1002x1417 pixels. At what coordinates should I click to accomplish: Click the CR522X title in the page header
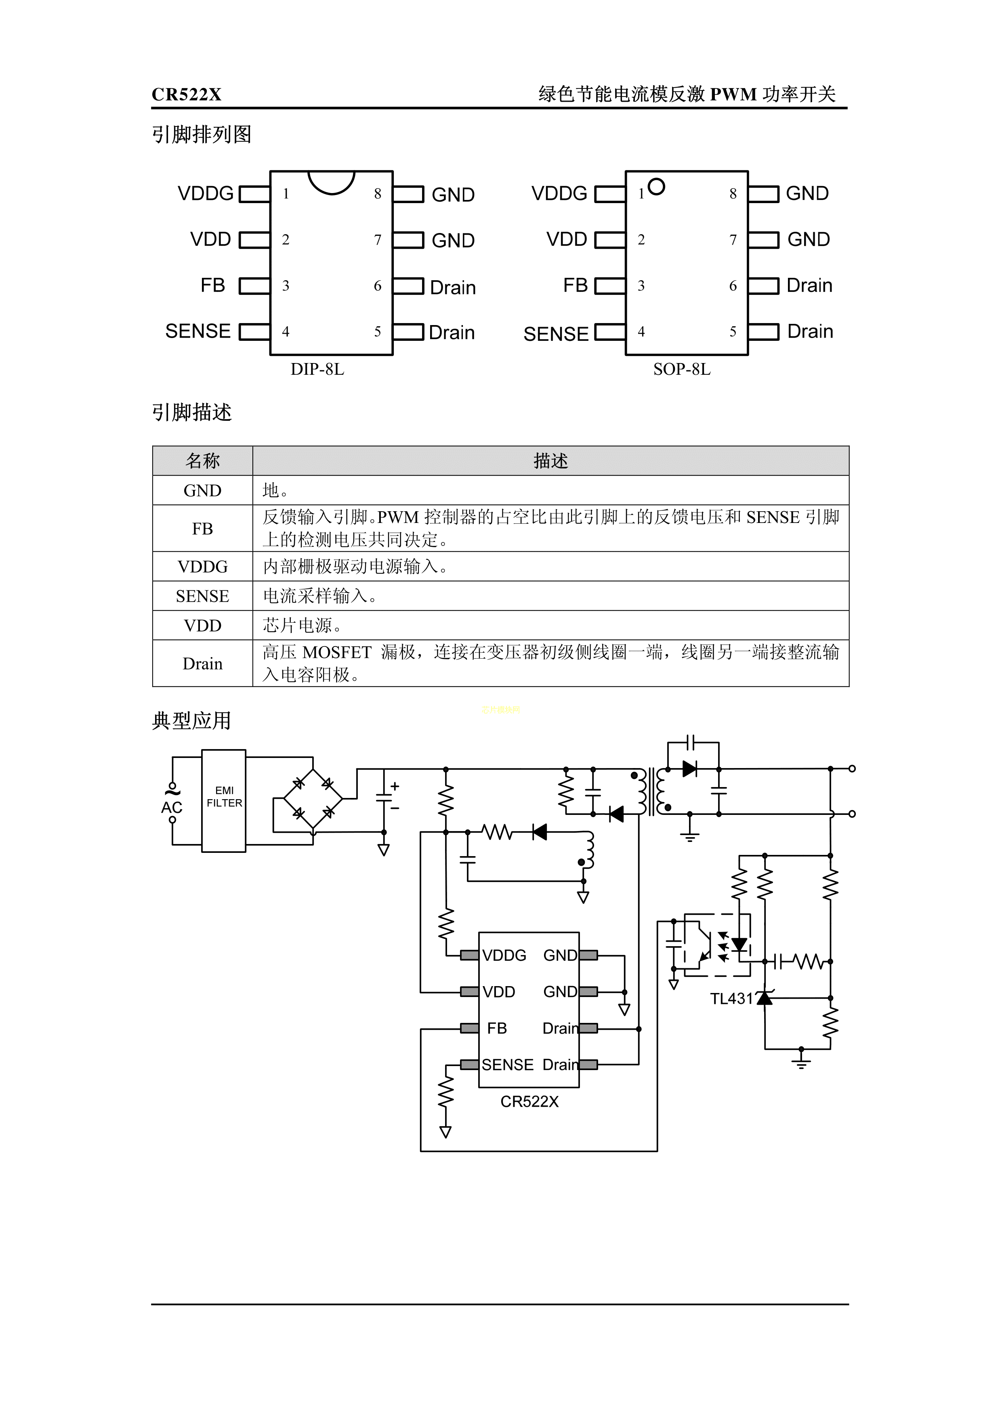[x=187, y=94]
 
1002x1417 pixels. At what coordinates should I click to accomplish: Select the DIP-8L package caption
[x=317, y=369]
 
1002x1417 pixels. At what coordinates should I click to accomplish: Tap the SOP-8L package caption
[x=682, y=369]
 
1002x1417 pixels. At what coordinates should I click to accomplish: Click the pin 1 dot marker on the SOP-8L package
[x=657, y=187]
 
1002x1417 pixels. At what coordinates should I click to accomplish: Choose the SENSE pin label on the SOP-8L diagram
[x=556, y=334]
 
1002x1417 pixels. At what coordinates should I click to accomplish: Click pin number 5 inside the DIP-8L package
[x=377, y=332]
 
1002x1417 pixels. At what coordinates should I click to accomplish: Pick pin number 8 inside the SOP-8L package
[x=733, y=194]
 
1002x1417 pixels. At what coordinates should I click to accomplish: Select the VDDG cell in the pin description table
[x=202, y=567]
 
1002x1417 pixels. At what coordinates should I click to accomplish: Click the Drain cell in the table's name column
[x=202, y=663]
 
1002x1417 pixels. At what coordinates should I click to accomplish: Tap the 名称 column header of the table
[x=202, y=460]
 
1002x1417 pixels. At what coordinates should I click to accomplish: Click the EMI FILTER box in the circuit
[x=224, y=800]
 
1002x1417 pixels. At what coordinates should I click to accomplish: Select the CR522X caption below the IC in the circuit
[x=529, y=1102]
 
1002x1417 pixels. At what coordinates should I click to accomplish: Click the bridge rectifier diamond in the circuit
[x=313, y=799]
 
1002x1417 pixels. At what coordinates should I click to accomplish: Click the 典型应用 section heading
[x=191, y=721]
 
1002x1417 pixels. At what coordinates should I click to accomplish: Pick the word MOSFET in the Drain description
[x=337, y=652]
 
